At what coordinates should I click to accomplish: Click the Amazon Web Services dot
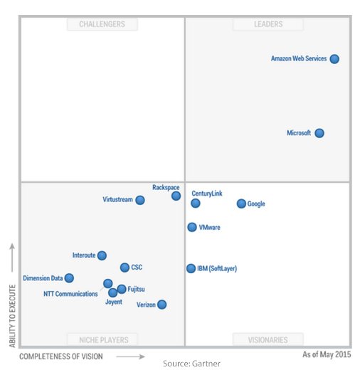click(334, 59)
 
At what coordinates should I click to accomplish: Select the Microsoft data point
click(319, 133)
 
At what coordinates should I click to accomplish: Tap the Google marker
click(241, 204)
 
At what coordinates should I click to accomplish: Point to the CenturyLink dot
click(196, 204)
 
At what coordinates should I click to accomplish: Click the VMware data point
click(192, 227)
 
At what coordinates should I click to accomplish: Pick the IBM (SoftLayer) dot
click(191, 268)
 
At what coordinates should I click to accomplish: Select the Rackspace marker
click(176, 196)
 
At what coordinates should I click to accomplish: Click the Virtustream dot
click(140, 200)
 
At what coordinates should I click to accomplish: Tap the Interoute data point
click(102, 255)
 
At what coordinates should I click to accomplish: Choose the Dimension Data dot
click(69, 278)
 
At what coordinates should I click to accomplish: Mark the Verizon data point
click(162, 305)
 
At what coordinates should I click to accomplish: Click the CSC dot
click(125, 268)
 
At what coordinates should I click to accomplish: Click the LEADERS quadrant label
click(268, 24)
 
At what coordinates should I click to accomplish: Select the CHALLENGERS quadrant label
click(102, 24)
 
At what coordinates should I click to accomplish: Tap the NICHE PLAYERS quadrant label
click(102, 339)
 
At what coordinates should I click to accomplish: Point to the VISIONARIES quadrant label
click(268, 339)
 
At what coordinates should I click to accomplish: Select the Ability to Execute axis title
click(12, 316)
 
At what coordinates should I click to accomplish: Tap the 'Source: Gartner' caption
click(192, 364)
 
